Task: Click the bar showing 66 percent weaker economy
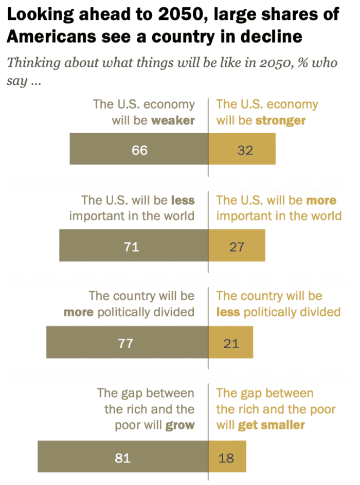(x=139, y=149)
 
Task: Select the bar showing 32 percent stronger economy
(x=242, y=149)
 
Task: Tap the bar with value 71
(x=134, y=245)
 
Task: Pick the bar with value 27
(x=237, y=245)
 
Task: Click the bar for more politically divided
(x=127, y=342)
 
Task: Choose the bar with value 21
(x=230, y=342)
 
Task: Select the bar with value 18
(x=227, y=457)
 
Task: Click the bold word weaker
(x=173, y=121)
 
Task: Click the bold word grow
(x=179, y=425)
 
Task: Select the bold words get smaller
(x=271, y=425)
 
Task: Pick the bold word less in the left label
(x=183, y=200)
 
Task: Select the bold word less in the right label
(x=228, y=312)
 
